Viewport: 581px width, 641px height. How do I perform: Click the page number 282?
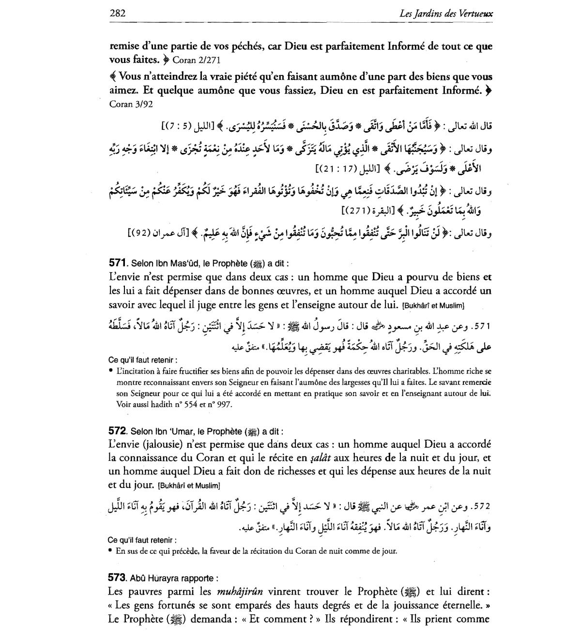coord(118,14)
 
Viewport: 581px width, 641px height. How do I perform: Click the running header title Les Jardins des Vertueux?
coord(446,14)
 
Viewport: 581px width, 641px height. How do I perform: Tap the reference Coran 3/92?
coord(128,104)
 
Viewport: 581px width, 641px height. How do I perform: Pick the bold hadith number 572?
coord(118,431)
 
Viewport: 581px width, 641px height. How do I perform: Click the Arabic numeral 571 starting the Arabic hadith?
coord(484,326)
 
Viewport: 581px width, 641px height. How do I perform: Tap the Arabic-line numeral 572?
coord(483,507)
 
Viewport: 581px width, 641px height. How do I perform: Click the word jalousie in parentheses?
coord(155,444)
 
